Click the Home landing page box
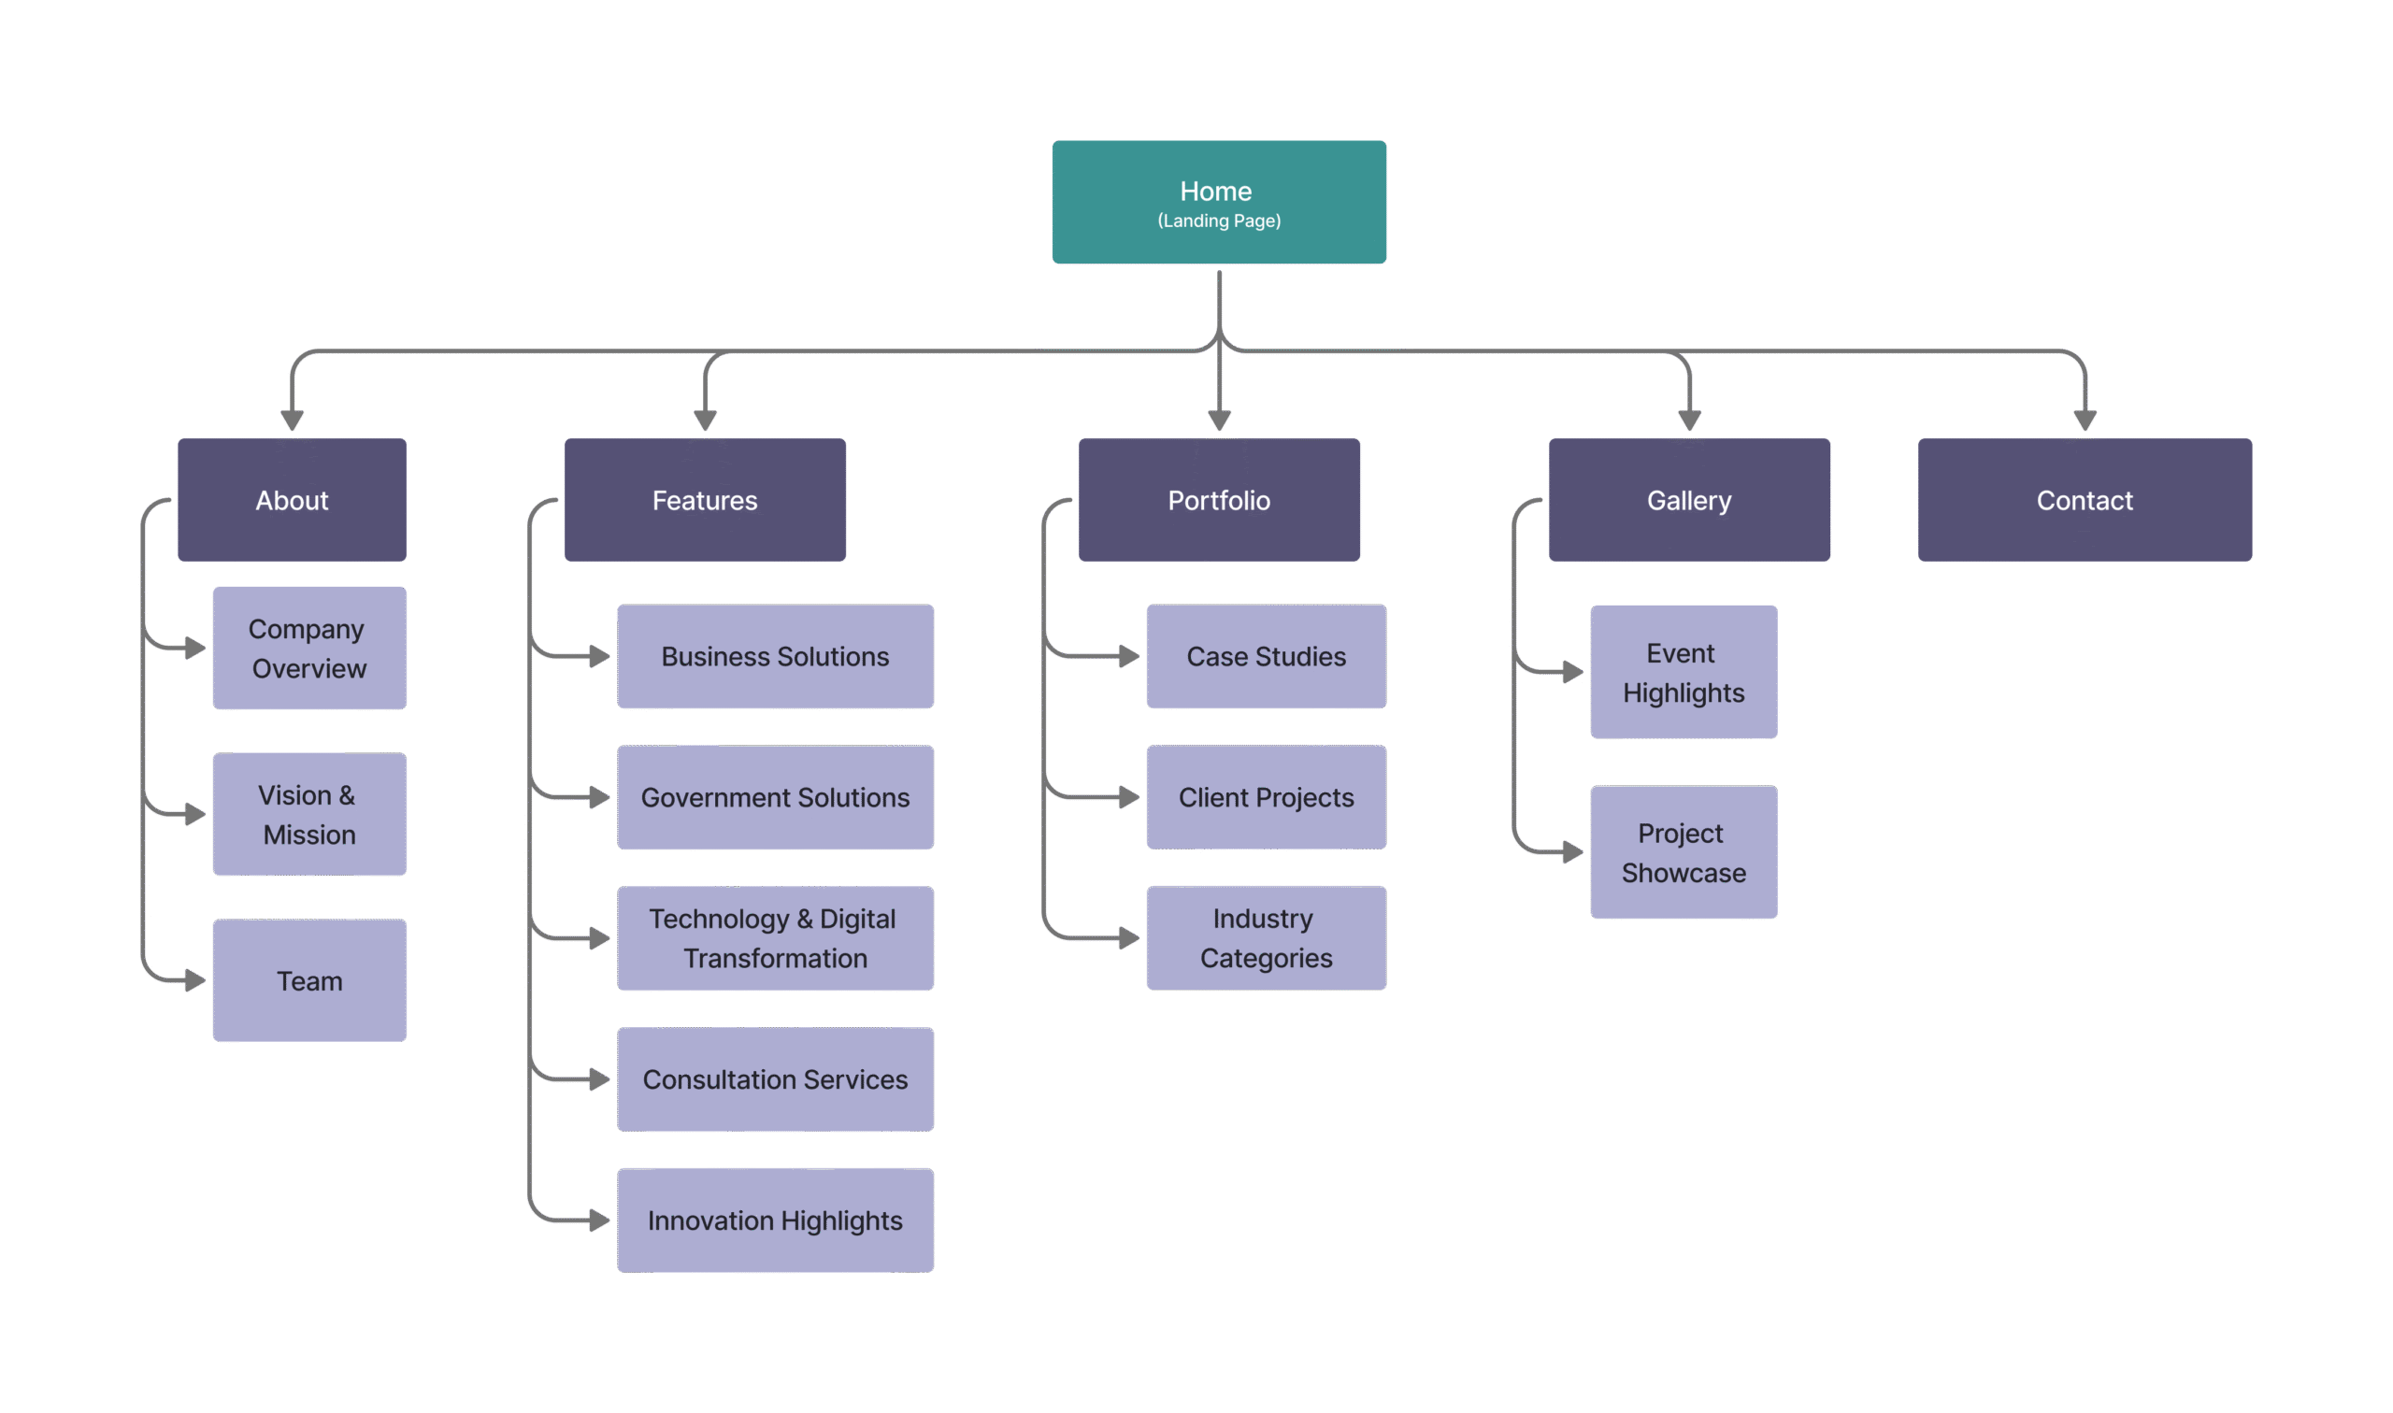point(1219,202)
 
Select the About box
point(293,500)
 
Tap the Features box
point(705,500)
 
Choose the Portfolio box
point(1219,500)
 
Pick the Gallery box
point(1689,500)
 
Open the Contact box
point(2085,500)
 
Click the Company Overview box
point(309,649)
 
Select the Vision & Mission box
point(309,814)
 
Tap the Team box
point(309,980)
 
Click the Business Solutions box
point(775,656)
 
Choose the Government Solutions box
point(775,797)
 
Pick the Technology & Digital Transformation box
point(775,938)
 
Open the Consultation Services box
point(775,1078)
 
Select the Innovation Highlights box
point(775,1220)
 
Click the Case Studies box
point(1267,656)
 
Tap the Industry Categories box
point(1267,938)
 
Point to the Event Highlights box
point(1684,672)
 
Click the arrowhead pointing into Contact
point(2085,421)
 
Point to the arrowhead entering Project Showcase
point(1573,852)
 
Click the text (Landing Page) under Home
point(1219,221)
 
